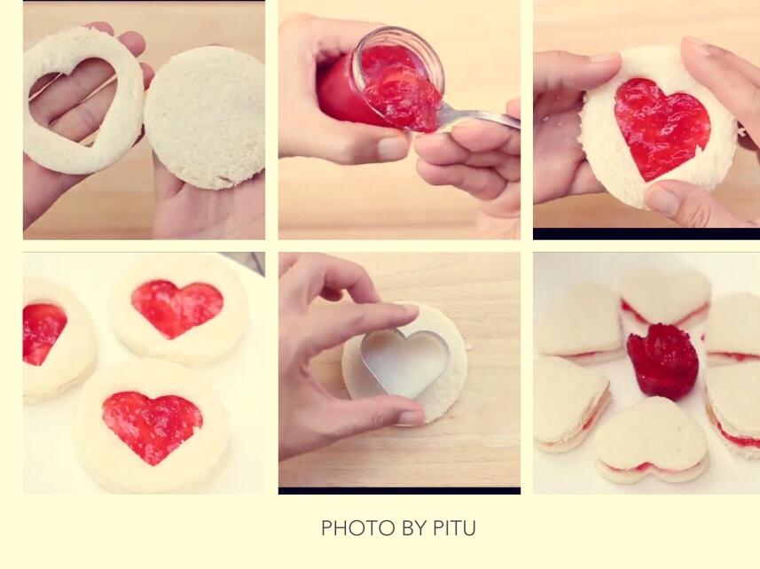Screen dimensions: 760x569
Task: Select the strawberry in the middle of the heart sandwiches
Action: pyautogui.click(x=663, y=359)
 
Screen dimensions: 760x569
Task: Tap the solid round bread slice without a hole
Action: pyautogui.click(x=205, y=118)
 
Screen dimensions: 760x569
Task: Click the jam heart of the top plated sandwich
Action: pyautogui.click(x=176, y=307)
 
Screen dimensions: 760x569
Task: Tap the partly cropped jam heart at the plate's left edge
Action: pyautogui.click(x=43, y=331)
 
